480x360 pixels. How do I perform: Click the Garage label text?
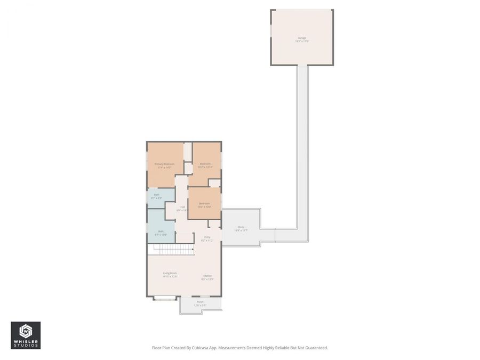[302, 38]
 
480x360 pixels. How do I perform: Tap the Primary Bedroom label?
[164, 165]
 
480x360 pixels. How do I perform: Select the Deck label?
[241, 228]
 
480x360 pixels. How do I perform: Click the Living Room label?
[170, 274]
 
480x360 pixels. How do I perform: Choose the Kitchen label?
[207, 277]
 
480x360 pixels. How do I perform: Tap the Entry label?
[207, 238]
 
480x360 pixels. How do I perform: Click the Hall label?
[182, 208]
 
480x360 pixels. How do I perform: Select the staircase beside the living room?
[174, 249]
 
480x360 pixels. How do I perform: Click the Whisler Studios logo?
[26, 335]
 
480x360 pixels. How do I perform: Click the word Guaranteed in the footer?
[316, 348]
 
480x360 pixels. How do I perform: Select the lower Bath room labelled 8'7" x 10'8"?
[161, 233]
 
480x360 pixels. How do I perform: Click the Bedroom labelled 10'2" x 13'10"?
[205, 165]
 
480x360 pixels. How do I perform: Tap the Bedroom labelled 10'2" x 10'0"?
[205, 204]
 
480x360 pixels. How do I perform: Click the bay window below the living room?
[165, 298]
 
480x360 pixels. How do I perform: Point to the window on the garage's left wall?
[271, 32]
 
